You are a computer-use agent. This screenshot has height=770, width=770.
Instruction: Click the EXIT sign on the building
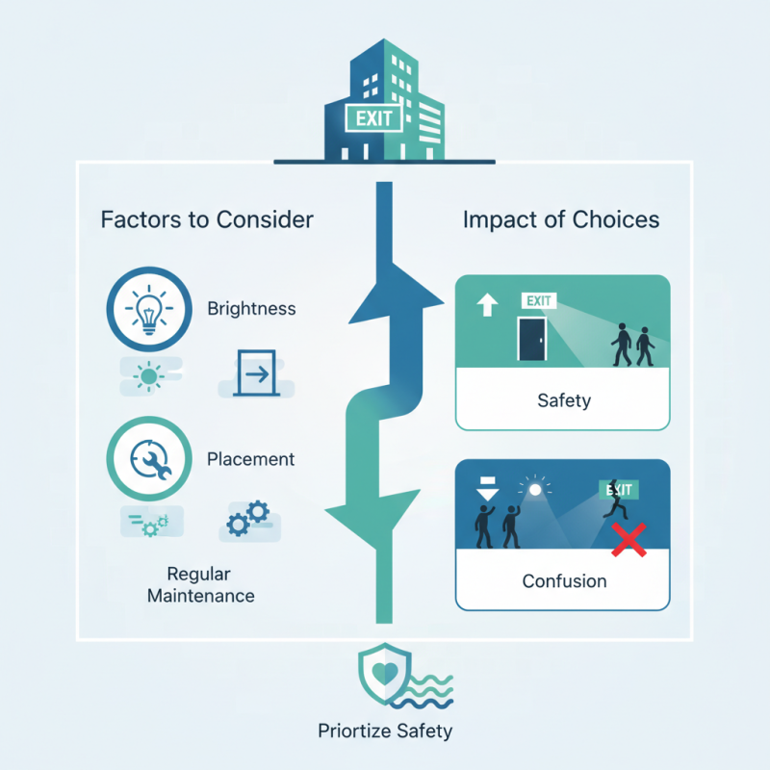point(372,120)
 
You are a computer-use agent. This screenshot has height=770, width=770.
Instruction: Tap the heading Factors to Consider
point(207,219)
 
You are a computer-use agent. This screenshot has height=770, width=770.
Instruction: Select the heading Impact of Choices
point(561,219)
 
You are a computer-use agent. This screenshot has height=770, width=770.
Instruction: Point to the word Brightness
point(251,310)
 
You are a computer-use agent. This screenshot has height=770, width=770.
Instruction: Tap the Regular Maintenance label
point(201,584)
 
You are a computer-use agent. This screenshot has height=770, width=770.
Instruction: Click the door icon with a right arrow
point(253,373)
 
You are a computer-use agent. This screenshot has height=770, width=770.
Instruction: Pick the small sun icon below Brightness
point(148,374)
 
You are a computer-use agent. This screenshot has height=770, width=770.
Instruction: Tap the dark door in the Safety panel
point(529,342)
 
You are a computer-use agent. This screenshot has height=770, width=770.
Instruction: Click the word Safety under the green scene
point(563,400)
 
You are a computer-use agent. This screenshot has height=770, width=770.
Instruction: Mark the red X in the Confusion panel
point(629,540)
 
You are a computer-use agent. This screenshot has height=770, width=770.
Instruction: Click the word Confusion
point(564,581)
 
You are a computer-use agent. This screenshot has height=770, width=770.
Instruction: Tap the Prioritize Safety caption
point(385,731)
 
